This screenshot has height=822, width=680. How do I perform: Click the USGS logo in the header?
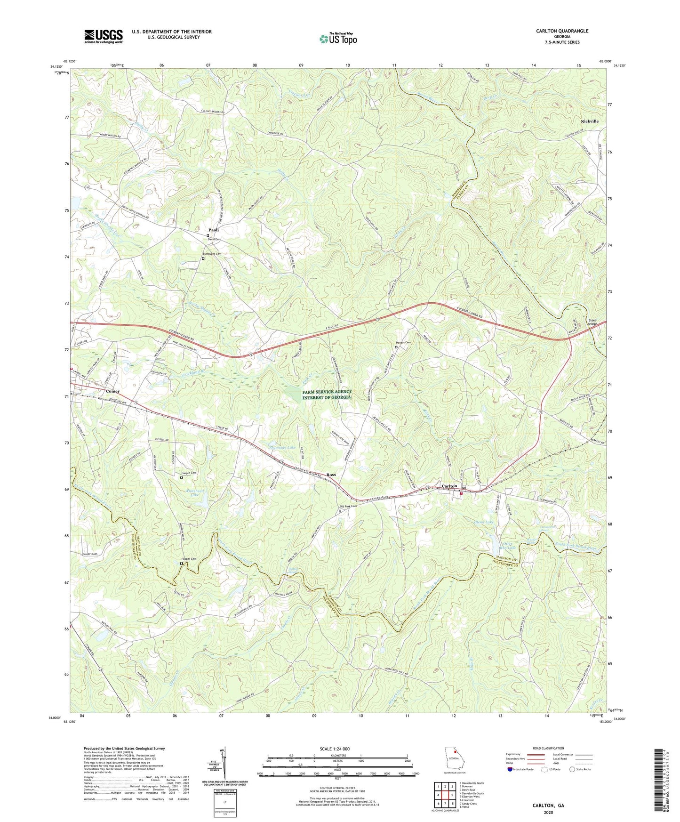(104, 36)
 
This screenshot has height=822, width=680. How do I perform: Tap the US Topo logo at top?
(338, 39)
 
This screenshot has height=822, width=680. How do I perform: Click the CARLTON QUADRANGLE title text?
(562, 31)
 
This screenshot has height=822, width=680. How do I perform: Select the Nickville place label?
(589, 121)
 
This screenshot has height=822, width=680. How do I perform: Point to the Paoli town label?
(214, 230)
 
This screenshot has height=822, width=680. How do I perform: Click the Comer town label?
(112, 391)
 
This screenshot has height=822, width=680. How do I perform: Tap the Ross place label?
(331, 475)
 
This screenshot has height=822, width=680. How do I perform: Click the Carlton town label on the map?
(449, 486)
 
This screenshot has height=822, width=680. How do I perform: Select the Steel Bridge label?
(592, 322)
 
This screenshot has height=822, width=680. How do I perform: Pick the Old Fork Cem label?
(348, 507)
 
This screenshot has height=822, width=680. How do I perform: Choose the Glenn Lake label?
(484, 522)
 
